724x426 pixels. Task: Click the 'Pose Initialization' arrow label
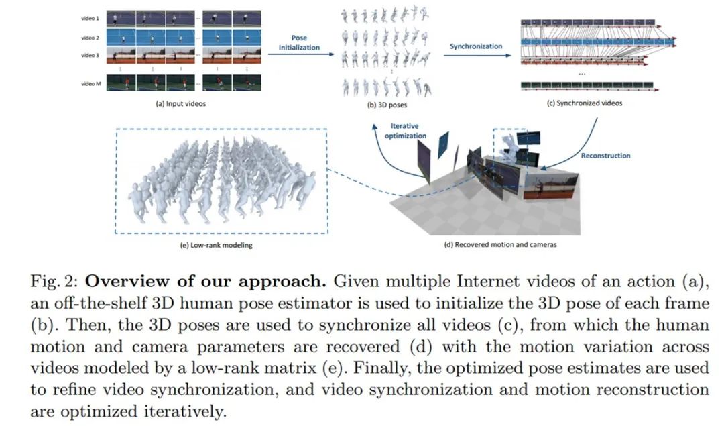(300, 43)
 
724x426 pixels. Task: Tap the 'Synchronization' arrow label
(475, 46)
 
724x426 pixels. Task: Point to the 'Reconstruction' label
(605, 156)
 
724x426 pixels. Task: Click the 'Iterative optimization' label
(405, 131)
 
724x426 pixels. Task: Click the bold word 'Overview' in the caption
(120, 282)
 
